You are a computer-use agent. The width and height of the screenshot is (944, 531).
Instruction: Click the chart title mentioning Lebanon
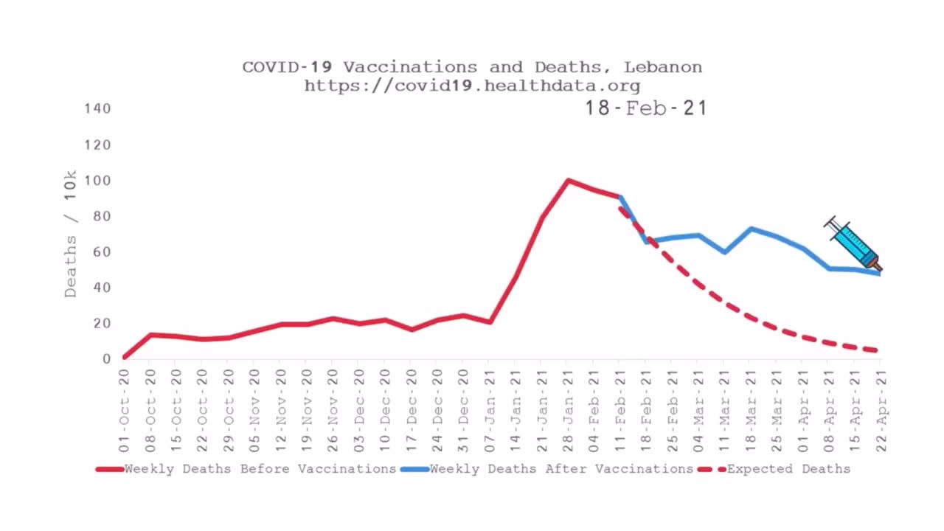(x=472, y=67)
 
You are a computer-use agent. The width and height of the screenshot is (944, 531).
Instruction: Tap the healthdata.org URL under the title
(x=472, y=86)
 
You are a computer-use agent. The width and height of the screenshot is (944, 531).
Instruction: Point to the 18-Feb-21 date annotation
(x=646, y=108)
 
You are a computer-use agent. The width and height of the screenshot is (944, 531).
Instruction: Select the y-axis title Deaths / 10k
(x=71, y=234)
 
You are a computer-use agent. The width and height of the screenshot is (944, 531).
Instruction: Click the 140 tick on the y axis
(x=97, y=108)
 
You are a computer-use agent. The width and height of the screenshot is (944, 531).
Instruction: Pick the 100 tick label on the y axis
(x=97, y=181)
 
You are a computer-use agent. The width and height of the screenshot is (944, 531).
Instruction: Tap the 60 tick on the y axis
(x=101, y=252)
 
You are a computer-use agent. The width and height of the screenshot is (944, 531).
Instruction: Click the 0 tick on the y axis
(x=106, y=359)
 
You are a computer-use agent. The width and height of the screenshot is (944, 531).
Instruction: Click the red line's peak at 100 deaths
(x=567, y=180)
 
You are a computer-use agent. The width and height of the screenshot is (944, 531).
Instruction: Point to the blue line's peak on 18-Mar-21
(x=750, y=229)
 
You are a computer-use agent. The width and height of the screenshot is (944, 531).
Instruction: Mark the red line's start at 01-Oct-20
(x=124, y=357)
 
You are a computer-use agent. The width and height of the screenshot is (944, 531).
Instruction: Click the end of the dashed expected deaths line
(x=878, y=351)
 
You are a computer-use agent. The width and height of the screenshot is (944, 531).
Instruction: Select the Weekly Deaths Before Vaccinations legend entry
(x=247, y=469)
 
